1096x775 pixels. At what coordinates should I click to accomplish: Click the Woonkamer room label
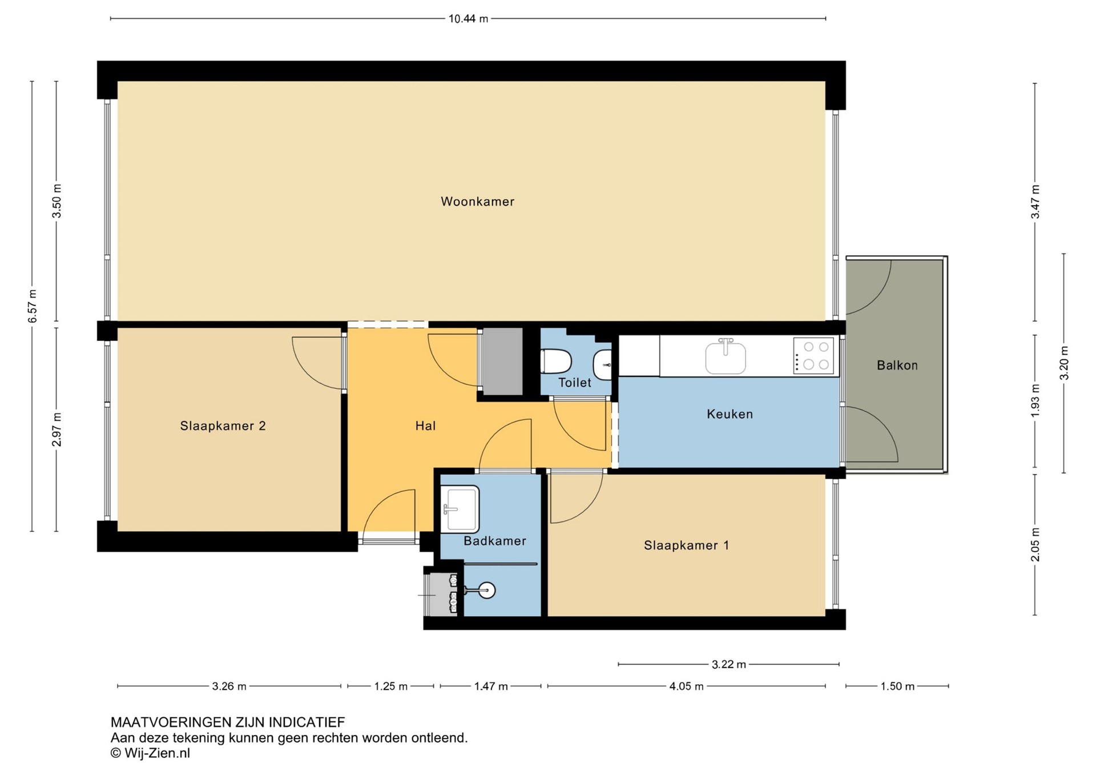tap(477, 202)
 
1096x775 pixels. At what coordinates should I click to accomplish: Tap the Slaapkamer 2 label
tap(223, 426)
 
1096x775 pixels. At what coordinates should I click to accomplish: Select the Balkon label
tap(897, 366)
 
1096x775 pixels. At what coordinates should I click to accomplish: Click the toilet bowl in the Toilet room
tap(556, 361)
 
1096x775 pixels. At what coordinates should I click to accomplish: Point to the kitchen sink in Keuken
tap(726, 356)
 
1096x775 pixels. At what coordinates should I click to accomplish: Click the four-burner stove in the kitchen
tap(813, 356)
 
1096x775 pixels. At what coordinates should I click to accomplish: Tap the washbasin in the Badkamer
tap(460, 509)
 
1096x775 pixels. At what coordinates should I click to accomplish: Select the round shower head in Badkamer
tap(486, 590)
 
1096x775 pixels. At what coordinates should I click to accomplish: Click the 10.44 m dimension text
tap(468, 19)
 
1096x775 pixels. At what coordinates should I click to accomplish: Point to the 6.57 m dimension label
tap(33, 306)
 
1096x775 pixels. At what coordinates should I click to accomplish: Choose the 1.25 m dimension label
tap(391, 686)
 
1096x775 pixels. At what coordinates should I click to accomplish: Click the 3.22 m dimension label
tap(729, 664)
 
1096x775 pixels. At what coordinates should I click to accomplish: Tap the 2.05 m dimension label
tap(1035, 545)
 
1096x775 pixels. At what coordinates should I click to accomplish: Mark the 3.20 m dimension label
tap(1064, 363)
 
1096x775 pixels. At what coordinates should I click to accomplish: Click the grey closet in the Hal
tap(502, 361)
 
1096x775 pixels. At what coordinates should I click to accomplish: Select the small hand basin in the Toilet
tap(603, 364)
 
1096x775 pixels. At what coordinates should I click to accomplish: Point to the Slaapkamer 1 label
tap(686, 545)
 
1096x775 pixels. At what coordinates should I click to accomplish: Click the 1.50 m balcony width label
tap(897, 686)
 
